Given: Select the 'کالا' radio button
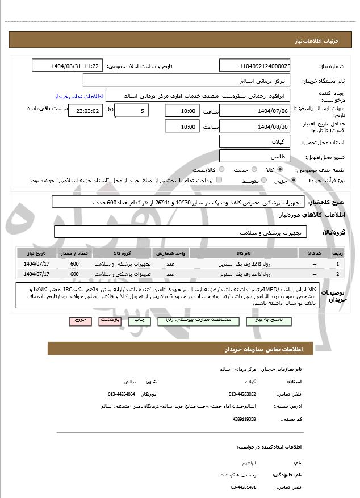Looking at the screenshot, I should tap(280, 169).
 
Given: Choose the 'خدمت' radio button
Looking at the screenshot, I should tap(254, 169).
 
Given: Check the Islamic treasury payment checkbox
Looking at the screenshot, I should tap(219, 180).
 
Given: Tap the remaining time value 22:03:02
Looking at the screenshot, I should tap(85, 111).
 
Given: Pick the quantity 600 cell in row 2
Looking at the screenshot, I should tap(74, 274).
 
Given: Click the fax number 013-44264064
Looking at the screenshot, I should tap(122, 394).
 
